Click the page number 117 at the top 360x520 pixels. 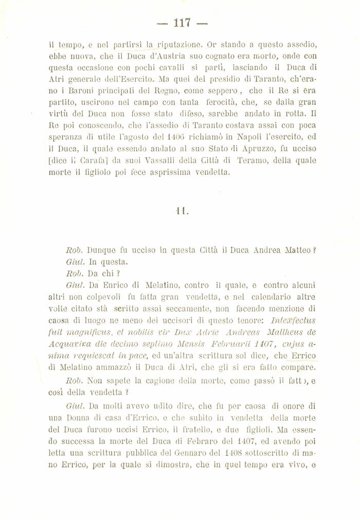(182, 23)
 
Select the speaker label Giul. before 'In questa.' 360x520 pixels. (75, 261)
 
